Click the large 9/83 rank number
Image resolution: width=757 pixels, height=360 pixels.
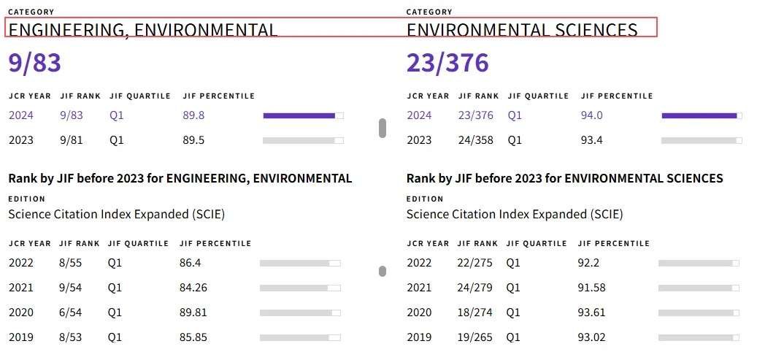pyautogui.click(x=35, y=64)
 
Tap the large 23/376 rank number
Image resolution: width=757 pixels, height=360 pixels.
pyautogui.click(x=447, y=64)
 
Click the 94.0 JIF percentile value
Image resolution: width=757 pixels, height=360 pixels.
pyautogui.click(x=592, y=115)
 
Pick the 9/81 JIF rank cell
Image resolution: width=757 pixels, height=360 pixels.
pyautogui.click(x=72, y=141)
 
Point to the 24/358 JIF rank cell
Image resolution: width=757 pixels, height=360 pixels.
pyautogui.click(x=475, y=141)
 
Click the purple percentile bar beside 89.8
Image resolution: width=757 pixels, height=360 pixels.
pyautogui.click(x=299, y=115)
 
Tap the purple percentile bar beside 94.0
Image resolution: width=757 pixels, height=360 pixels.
pyautogui.click(x=699, y=115)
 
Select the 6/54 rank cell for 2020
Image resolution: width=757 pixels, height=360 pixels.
pyautogui.click(x=71, y=313)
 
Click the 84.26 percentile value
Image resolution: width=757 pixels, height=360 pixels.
pyautogui.click(x=193, y=288)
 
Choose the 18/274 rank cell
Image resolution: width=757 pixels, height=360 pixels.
pyautogui.click(x=474, y=313)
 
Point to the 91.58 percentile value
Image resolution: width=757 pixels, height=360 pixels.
pyautogui.click(x=591, y=288)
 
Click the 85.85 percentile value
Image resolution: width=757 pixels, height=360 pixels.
pyautogui.click(x=193, y=337)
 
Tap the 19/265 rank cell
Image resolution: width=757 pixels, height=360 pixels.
pyautogui.click(x=474, y=337)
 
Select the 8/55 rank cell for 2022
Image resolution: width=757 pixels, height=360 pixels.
pyautogui.click(x=71, y=263)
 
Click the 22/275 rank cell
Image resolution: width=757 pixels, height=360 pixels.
pyautogui.click(x=474, y=263)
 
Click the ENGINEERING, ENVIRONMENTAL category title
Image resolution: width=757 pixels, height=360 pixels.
pyautogui.click(x=143, y=30)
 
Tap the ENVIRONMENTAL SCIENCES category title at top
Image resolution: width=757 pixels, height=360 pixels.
pyautogui.click(x=522, y=29)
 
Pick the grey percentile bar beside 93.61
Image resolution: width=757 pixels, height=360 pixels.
pyautogui.click(x=699, y=313)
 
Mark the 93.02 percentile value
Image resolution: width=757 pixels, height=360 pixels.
pyautogui.click(x=591, y=337)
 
